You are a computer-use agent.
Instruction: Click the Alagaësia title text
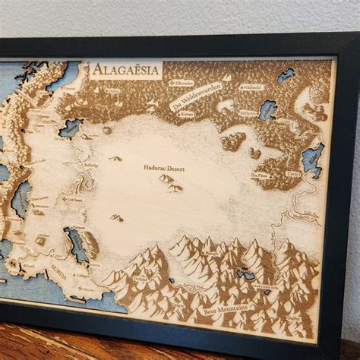[x=125, y=71]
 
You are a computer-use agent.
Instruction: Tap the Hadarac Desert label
[x=160, y=166]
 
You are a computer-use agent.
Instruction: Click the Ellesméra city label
[x=183, y=82]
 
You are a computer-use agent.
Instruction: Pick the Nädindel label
[x=250, y=88]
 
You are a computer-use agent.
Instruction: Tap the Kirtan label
[x=187, y=115]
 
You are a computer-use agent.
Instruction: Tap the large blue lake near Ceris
[x=311, y=159]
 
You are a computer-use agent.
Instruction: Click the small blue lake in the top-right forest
[x=286, y=74]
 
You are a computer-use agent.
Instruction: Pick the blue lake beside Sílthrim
[x=267, y=109]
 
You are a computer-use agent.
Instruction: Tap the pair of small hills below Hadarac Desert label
[x=169, y=182]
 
